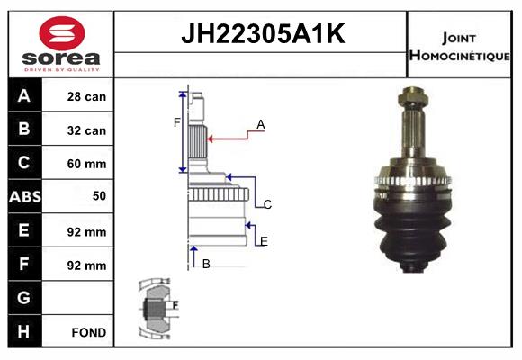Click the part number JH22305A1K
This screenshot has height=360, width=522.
pyautogui.click(x=262, y=35)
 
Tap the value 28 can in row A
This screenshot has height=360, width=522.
pyautogui.click(x=87, y=97)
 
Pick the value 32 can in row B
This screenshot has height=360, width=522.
pyautogui.click(x=87, y=130)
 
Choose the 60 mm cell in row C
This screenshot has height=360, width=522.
pyautogui.click(x=87, y=164)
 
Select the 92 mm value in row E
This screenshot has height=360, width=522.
pyautogui.click(x=87, y=231)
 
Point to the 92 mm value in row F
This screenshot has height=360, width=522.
pyautogui.click(x=87, y=265)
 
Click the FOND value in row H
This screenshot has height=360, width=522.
pyautogui.click(x=89, y=332)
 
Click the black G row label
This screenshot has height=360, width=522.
pyautogui.click(x=25, y=298)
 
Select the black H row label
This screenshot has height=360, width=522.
pyautogui.click(x=25, y=332)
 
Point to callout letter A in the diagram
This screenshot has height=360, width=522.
pyautogui.click(x=261, y=124)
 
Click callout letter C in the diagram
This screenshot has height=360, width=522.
pyautogui.click(x=267, y=205)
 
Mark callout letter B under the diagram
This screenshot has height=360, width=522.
pyautogui.click(x=206, y=264)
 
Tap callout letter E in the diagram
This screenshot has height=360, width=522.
pyautogui.click(x=264, y=241)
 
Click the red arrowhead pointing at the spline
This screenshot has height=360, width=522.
pyautogui.click(x=212, y=139)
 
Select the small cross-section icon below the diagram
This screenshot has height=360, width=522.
pyautogui.click(x=158, y=308)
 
